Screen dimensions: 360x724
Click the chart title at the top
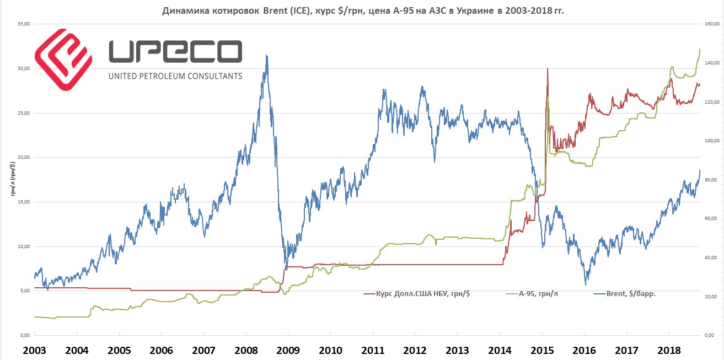click(362, 10)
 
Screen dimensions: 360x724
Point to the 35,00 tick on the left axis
click(23, 24)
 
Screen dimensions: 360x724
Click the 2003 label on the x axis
click(34, 351)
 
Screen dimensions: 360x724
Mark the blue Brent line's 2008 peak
click(267, 56)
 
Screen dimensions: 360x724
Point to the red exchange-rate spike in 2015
click(547, 69)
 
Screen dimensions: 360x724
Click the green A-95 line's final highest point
click(699, 50)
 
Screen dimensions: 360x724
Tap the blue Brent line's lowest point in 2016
click(585, 284)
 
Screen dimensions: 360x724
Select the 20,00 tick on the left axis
click(23, 158)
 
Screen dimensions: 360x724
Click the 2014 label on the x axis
click(500, 351)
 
